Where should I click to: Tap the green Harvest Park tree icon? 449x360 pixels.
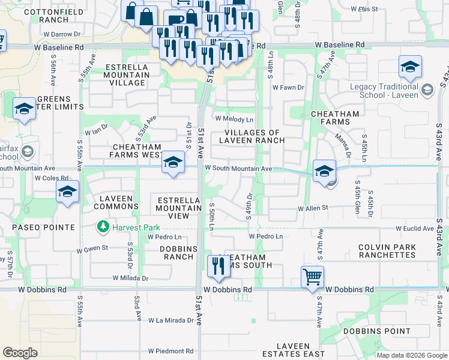point(103,227)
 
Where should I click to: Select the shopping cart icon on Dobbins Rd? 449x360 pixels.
point(312,277)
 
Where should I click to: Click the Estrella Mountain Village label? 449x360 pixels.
point(126,75)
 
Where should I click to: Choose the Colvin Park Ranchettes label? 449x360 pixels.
point(387,251)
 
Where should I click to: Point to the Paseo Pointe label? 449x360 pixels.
point(38,227)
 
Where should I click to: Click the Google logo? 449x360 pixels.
point(20,353)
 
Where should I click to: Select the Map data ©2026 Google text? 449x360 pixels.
point(412,355)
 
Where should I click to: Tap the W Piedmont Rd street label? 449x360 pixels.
point(171,351)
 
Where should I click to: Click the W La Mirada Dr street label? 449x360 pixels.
point(171,320)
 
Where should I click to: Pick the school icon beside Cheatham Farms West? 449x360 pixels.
point(172,162)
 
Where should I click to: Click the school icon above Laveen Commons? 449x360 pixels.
point(67,192)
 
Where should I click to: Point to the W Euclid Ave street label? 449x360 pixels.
point(414,229)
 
